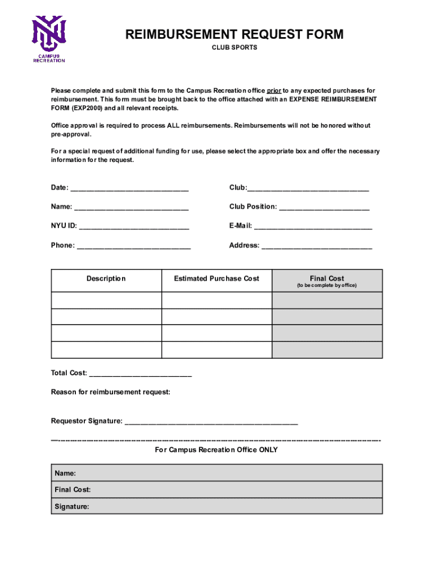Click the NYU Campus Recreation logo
point(49,38)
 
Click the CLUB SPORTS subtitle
point(234,48)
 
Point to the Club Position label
point(252,207)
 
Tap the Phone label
point(62,245)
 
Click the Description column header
point(106,279)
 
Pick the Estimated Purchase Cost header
point(216,279)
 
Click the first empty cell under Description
point(106,300)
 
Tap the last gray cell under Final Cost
point(327,349)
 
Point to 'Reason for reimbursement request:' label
point(111,392)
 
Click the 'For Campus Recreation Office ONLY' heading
point(216,450)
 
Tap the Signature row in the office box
point(216,506)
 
